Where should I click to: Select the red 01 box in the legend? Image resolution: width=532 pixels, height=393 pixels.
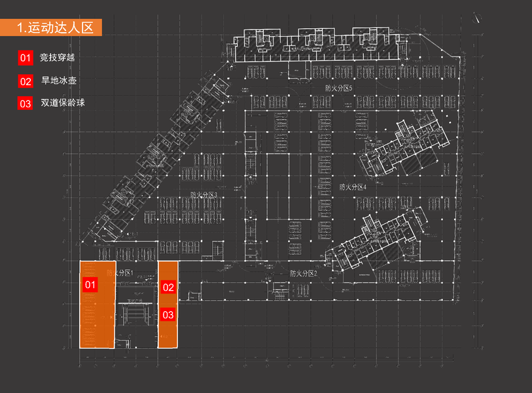tap(26, 58)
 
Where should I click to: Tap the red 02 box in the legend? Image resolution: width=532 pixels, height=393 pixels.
tap(26, 81)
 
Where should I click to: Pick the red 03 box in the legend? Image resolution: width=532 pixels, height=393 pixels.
tap(26, 103)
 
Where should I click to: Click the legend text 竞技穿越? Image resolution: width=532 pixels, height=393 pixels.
tap(58, 58)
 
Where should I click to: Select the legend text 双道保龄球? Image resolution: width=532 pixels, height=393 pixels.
tap(63, 103)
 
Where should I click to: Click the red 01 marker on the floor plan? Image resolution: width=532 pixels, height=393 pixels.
tap(90, 285)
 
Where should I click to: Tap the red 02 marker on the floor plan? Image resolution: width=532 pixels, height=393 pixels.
tap(168, 287)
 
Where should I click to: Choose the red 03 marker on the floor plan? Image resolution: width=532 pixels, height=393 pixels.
tap(168, 315)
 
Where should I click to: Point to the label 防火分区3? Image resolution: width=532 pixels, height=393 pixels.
tap(204, 195)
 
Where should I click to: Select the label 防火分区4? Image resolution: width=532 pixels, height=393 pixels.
tap(353, 187)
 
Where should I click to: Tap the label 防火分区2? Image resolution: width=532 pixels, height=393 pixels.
tap(303, 273)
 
